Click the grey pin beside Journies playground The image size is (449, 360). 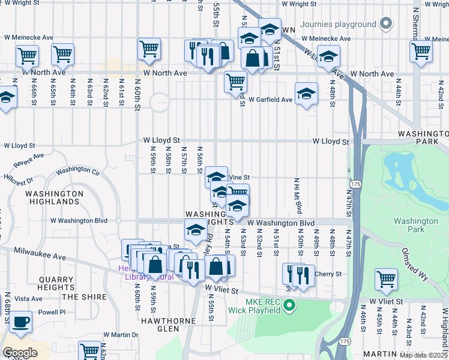(x=386, y=24)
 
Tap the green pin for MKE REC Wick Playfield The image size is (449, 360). (x=290, y=306)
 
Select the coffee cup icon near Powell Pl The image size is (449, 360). (x=20, y=322)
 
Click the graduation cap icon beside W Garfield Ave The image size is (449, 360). (x=306, y=94)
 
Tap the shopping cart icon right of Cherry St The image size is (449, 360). (x=386, y=278)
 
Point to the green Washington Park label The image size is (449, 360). (x=416, y=225)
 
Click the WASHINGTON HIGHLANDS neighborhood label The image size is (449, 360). (x=54, y=199)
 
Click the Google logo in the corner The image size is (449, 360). (x=20, y=353)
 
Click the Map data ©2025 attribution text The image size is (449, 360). (x=424, y=355)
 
